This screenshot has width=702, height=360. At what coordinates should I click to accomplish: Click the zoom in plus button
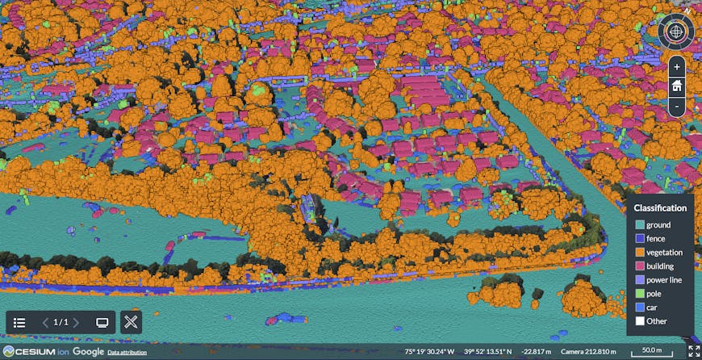click(x=677, y=66)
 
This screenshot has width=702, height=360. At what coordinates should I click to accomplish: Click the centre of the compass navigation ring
click(x=675, y=32)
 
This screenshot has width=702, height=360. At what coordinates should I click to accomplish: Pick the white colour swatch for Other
click(x=639, y=320)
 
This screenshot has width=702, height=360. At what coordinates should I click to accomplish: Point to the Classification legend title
click(x=660, y=207)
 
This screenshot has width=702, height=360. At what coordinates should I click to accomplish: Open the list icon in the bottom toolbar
click(x=20, y=322)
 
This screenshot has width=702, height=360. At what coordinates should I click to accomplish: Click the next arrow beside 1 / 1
click(x=76, y=322)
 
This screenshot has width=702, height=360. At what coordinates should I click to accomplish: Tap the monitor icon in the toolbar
click(x=102, y=322)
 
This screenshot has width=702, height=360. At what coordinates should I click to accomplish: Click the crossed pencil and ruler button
click(x=132, y=322)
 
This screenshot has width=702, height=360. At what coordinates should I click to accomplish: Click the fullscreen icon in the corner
click(x=692, y=350)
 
